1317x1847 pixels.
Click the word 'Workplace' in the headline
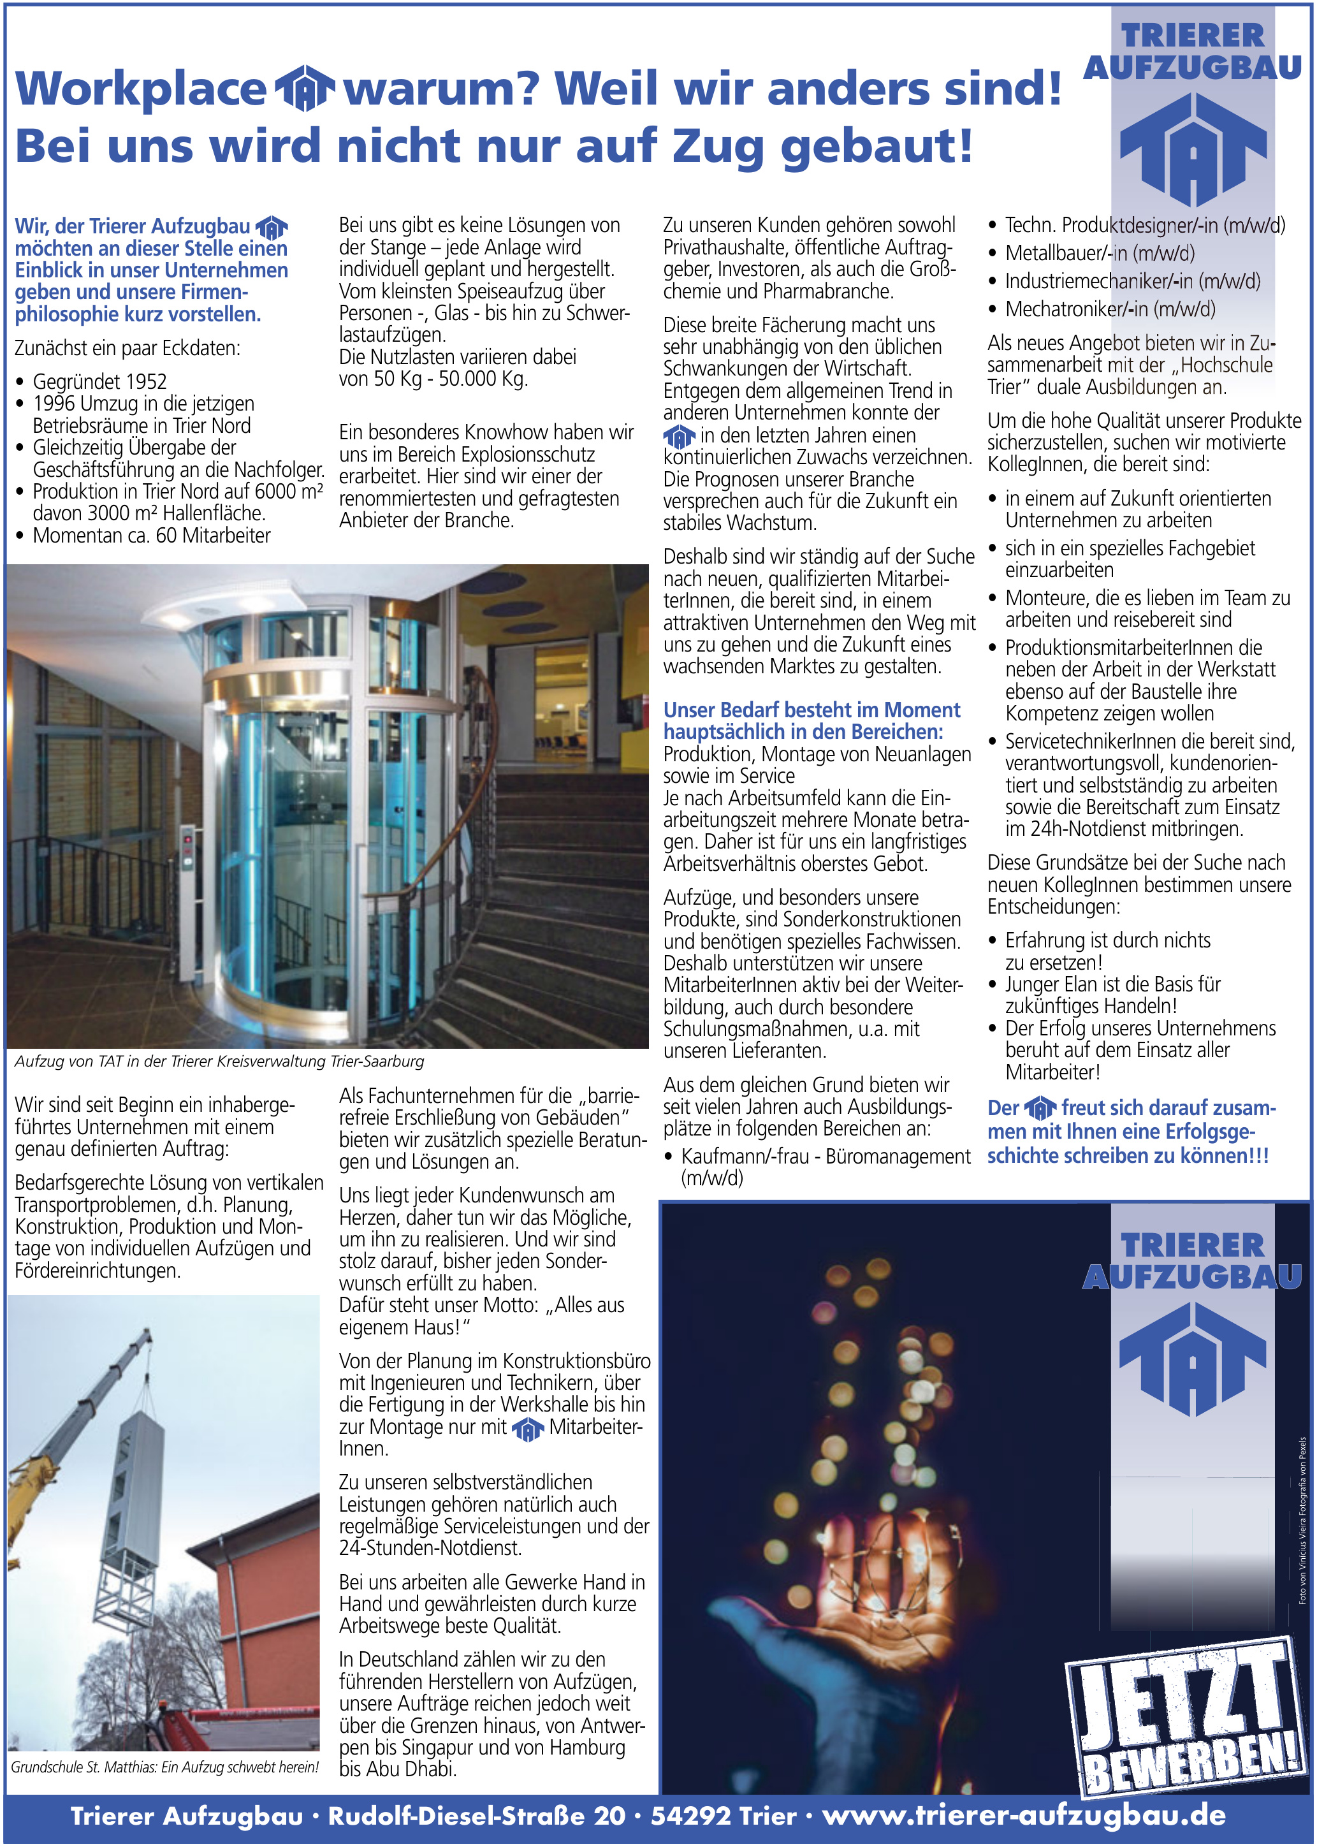pos(140,89)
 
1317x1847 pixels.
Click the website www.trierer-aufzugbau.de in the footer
pos(1023,1815)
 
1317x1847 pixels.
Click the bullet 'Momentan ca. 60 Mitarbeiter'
pos(152,536)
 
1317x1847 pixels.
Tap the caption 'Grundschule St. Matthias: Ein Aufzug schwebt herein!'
pos(164,1767)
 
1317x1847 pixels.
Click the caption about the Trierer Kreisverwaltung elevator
pos(219,1061)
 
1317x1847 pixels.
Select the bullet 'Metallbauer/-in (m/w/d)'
pos(1100,253)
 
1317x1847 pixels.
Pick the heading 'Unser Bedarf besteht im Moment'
pos(811,711)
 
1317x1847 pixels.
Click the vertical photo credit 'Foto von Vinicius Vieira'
pos(1302,1521)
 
